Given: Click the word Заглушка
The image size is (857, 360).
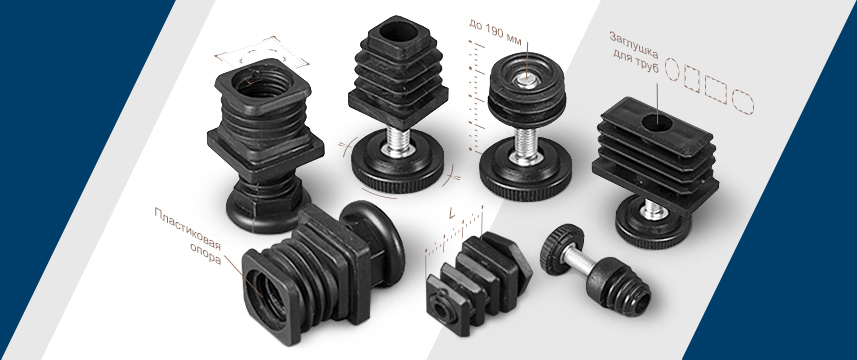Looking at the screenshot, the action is point(634,45).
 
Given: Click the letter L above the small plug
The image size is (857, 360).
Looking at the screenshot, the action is point(451,214).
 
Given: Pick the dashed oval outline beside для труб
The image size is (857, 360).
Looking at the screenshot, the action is point(672,69).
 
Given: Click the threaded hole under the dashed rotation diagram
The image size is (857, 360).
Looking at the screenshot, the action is point(255,82).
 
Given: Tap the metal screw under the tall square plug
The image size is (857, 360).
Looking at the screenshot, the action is point(398,142).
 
